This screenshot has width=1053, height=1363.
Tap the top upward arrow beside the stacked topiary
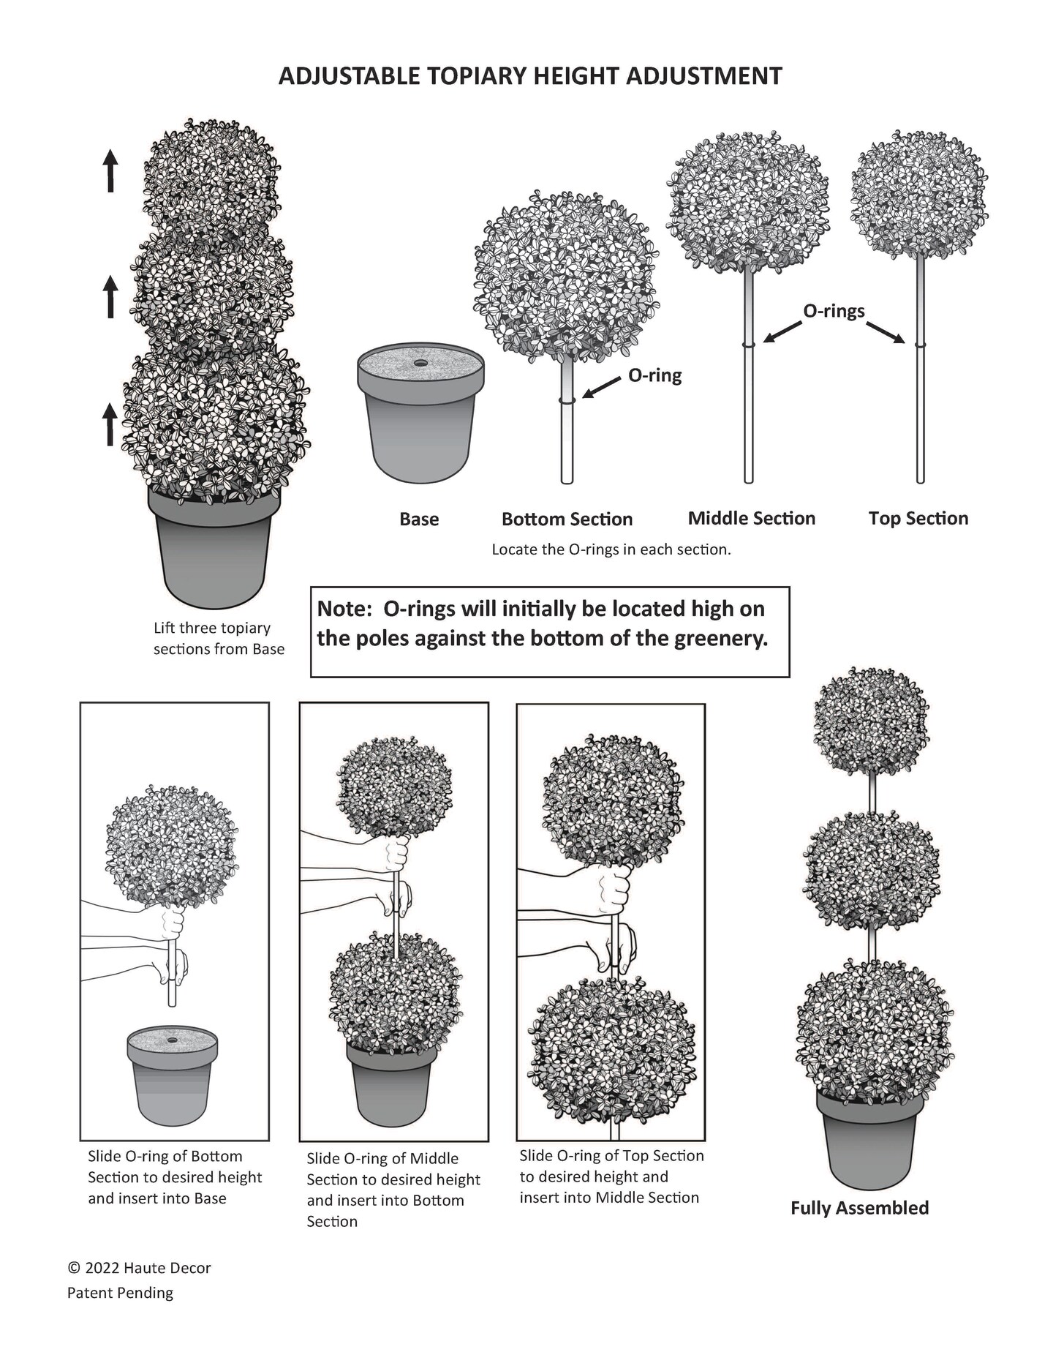click(x=110, y=170)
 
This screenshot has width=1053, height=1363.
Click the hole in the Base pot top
click(x=420, y=362)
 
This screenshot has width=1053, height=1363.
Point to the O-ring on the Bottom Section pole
click(x=567, y=399)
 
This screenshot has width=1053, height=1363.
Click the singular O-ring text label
click(x=654, y=376)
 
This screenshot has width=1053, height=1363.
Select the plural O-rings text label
click(x=834, y=311)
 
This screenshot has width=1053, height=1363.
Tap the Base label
click(x=419, y=519)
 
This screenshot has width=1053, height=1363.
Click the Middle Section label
click(x=751, y=519)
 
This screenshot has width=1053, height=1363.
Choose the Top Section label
click(x=918, y=519)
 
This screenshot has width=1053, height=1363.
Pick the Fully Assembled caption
click(x=859, y=1208)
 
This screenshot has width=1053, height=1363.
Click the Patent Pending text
click(x=120, y=1293)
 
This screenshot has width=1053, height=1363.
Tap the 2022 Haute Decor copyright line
click(x=139, y=1268)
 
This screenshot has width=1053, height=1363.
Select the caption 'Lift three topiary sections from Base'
click(x=218, y=638)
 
